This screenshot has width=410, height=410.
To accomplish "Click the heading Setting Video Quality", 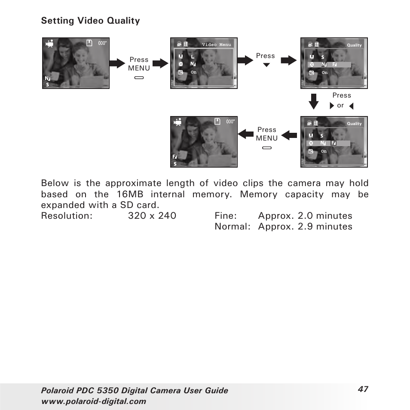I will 90,21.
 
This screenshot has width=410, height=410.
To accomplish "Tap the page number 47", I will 363,389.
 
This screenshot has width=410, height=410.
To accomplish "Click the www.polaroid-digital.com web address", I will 94,401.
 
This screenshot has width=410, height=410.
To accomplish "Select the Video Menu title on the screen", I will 216,45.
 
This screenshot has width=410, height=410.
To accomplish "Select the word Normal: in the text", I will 232,226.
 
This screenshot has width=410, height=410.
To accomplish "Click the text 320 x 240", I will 152,216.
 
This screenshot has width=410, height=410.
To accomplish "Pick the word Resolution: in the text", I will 67,216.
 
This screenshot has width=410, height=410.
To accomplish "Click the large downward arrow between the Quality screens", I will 314,102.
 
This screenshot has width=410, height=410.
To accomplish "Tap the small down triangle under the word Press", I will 266,65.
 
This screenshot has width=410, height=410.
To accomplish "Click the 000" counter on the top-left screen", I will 102,43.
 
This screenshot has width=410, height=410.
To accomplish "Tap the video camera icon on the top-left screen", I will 50,43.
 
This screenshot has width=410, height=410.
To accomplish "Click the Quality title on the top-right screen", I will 354,45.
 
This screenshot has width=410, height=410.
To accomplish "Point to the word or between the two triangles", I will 340,106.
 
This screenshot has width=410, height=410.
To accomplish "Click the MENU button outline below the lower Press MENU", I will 267,147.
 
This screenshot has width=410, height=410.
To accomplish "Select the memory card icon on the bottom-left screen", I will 217,122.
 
